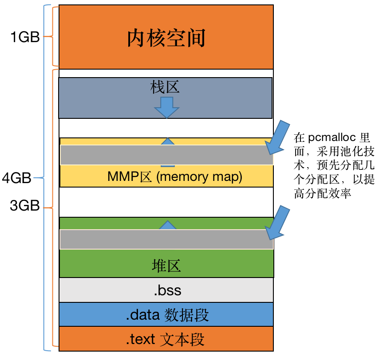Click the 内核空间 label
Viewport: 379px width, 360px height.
[x=166, y=39]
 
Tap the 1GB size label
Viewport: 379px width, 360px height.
[x=25, y=38]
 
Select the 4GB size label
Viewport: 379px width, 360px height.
[x=16, y=179]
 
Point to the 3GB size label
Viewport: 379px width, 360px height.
[x=25, y=206]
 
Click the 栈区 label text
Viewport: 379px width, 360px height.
[x=166, y=87]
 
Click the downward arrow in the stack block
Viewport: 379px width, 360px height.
[x=166, y=107]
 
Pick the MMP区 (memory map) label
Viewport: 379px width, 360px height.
[x=175, y=177]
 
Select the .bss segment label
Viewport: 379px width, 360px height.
[x=167, y=291]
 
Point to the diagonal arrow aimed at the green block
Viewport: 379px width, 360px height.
[x=276, y=222]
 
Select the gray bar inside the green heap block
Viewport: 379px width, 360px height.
[x=166, y=239]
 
